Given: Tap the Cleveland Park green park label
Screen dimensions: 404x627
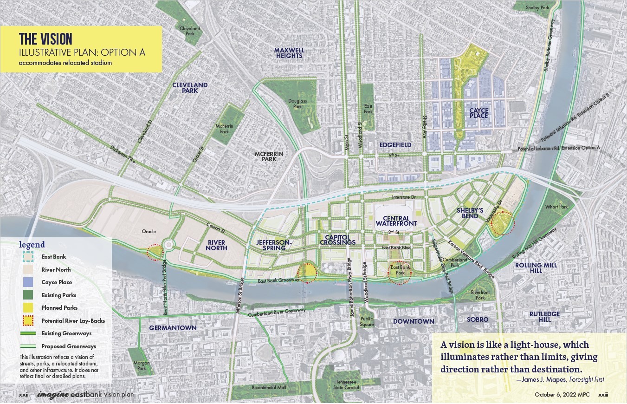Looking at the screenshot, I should pos(189,31).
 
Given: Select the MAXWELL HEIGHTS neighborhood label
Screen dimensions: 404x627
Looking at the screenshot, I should pos(288,53).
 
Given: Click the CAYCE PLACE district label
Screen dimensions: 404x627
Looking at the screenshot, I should pos(478,112).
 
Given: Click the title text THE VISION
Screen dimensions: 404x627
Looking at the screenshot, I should pos(45,39).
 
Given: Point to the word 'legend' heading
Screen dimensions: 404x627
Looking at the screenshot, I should pos(32,245).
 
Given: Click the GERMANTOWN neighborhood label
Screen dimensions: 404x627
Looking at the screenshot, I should pos(173,328).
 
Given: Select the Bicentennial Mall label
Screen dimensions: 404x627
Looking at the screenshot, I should pos(269,387).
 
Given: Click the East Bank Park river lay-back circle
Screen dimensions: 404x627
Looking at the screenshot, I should pos(400,270).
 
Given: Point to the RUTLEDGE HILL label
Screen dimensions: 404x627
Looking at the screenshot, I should pos(544,317).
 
